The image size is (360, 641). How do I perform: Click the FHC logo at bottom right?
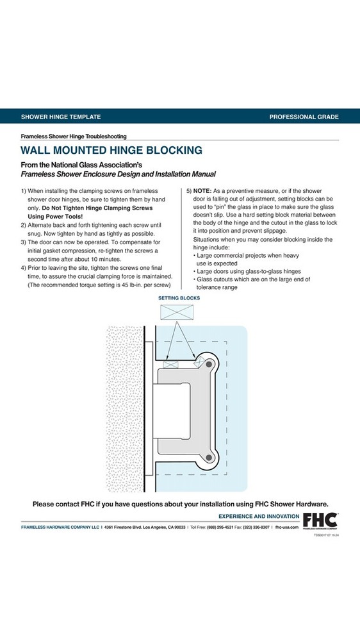coord(320,520)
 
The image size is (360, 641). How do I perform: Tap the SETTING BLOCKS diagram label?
coord(179,298)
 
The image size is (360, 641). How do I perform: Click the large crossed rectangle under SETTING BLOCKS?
coord(177,312)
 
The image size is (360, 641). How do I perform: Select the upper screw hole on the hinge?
coord(209,364)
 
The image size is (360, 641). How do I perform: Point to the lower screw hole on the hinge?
coord(209,458)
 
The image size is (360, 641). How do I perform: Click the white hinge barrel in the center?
coord(172,411)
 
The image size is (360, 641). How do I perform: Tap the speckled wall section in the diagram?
coord(125,409)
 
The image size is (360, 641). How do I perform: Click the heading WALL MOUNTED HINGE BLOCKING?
coord(111,150)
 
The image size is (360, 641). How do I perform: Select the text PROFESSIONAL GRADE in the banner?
coord(304,117)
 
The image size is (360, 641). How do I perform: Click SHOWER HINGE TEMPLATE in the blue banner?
coord(61,117)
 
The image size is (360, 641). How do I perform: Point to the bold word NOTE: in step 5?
coord(202,191)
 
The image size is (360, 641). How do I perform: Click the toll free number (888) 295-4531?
coord(220,528)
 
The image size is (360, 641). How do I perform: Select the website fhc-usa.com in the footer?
coord(287,528)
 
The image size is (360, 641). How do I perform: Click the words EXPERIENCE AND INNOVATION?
coord(259,516)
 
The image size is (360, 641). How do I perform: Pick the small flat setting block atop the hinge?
coord(171,364)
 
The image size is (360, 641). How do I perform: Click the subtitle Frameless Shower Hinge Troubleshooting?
coord(74,136)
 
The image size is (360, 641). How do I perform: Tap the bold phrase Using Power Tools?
coord(55,216)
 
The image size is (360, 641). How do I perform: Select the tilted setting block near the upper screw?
coord(199,362)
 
